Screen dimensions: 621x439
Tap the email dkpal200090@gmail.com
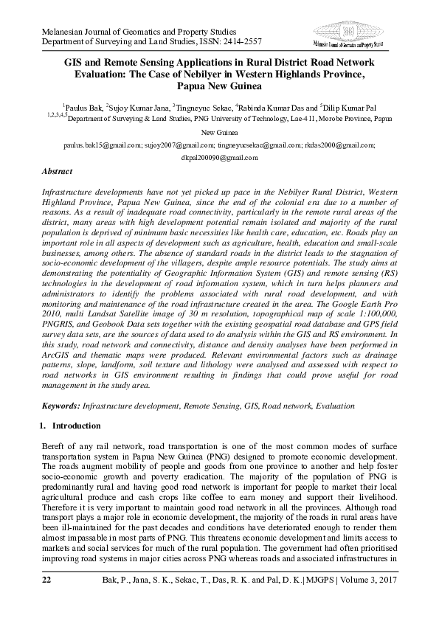[x=219, y=157]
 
